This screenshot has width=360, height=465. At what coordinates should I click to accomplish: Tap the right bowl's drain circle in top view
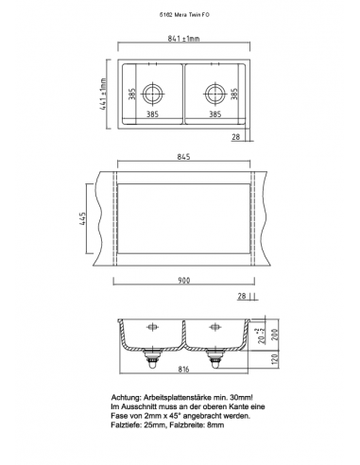[x=215, y=94]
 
